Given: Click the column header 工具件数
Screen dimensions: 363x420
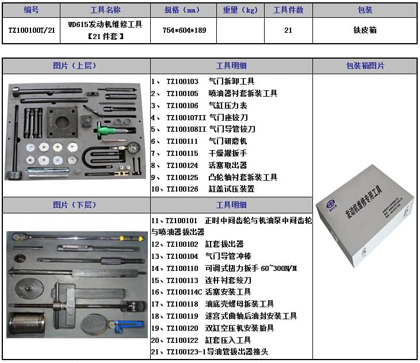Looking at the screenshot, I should tap(288, 10).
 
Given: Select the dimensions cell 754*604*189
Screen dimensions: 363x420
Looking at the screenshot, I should tap(184, 30).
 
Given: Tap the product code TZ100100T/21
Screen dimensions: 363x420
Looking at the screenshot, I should tap(31, 30).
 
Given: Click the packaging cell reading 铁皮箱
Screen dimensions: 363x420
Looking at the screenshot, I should tap(365, 30).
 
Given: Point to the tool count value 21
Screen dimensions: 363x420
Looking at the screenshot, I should tap(288, 30).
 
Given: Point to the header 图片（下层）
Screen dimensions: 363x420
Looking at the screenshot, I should tap(76, 205).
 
